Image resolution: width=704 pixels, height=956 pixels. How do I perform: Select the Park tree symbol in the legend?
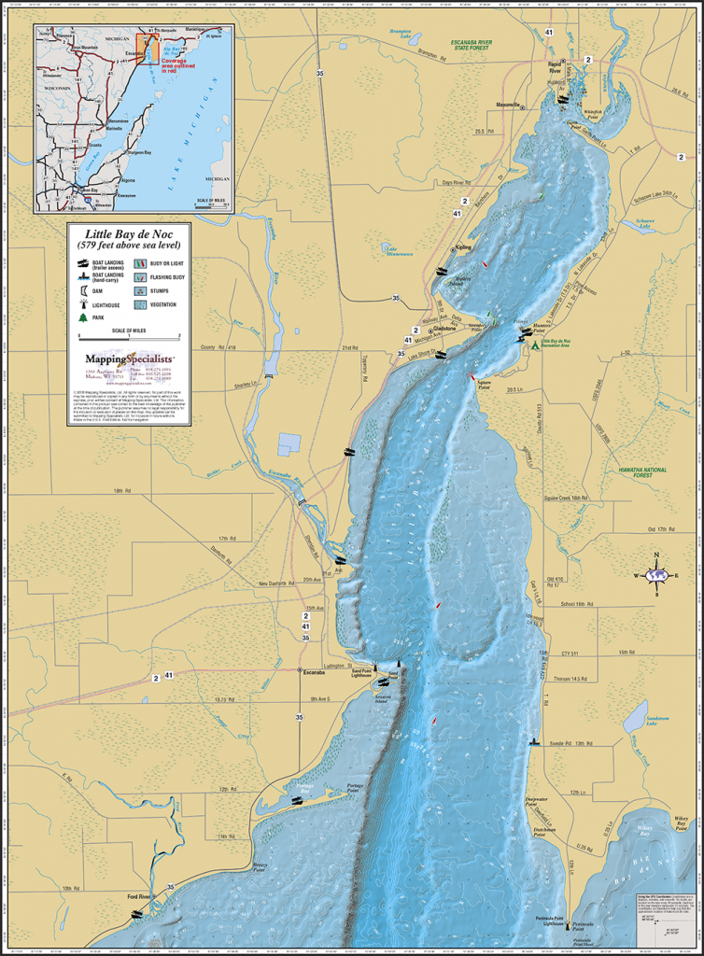click(x=83, y=317)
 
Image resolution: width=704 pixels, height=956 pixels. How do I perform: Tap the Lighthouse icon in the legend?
click(x=83, y=304)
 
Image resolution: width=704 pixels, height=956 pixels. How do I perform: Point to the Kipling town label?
click(x=463, y=247)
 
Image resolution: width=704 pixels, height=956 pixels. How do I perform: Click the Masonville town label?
click(x=507, y=105)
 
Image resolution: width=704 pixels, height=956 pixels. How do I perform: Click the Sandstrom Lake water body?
click(x=634, y=717)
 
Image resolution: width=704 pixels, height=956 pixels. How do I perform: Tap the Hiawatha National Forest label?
click(x=635, y=472)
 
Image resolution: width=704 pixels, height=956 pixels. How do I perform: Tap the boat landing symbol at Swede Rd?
click(x=534, y=742)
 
